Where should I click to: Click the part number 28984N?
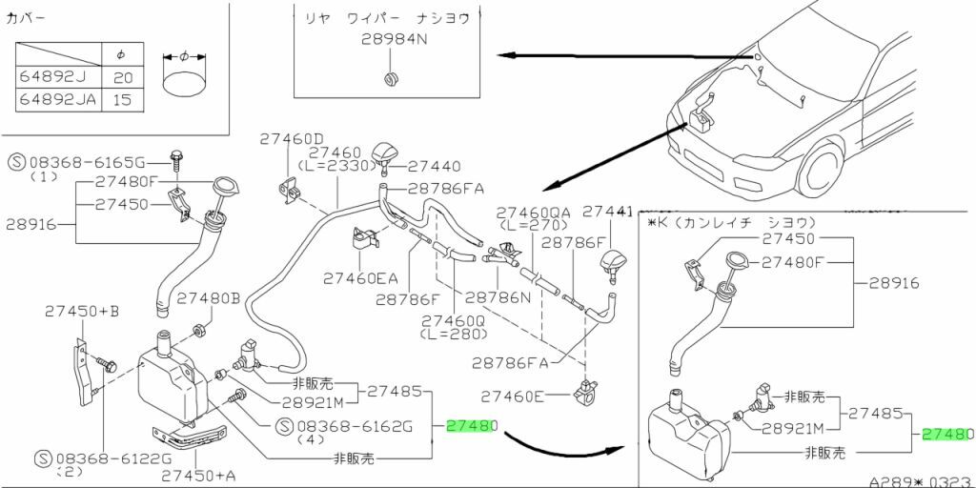click(x=394, y=40)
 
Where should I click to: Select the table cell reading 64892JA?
click(x=56, y=99)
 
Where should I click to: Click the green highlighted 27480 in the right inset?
click(x=946, y=434)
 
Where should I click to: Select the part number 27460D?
click(x=292, y=138)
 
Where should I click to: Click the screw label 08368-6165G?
click(x=93, y=160)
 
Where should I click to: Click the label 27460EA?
click(x=358, y=278)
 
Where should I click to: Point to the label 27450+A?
click(x=199, y=474)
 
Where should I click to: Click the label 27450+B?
click(x=82, y=311)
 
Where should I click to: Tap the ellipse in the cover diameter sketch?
click(x=184, y=86)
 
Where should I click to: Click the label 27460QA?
click(x=532, y=212)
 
